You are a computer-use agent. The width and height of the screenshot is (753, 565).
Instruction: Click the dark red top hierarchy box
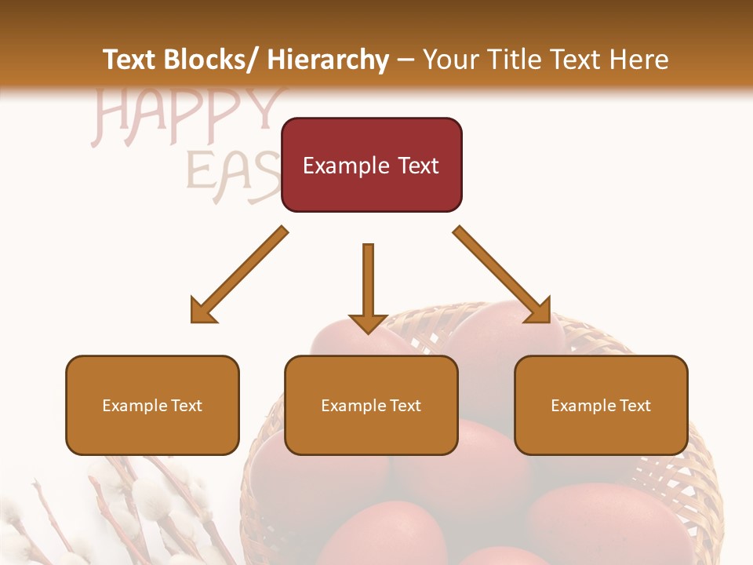tap(371, 165)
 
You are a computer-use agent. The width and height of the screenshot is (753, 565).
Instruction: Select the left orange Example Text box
tap(152, 405)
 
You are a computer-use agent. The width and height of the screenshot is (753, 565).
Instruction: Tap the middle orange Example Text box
tap(371, 405)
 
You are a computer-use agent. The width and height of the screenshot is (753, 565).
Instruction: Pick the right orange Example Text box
tap(601, 405)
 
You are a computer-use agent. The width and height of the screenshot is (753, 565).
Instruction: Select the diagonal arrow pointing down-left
tap(240, 275)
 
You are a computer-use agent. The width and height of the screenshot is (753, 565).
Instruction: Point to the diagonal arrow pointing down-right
tap(502, 275)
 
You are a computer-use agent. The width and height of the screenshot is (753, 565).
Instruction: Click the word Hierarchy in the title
tap(328, 60)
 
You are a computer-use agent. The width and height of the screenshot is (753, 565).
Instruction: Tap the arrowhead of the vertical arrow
tap(368, 322)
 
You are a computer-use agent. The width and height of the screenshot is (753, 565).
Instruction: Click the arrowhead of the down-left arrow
tap(202, 311)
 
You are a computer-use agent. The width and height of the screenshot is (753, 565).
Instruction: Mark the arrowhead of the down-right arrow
tap(540, 311)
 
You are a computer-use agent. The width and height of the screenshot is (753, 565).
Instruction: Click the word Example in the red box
tap(345, 166)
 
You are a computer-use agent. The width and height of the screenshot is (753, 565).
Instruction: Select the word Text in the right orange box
tap(635, 405)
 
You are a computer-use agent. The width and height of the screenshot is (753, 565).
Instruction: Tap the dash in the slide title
tap(406, 60)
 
